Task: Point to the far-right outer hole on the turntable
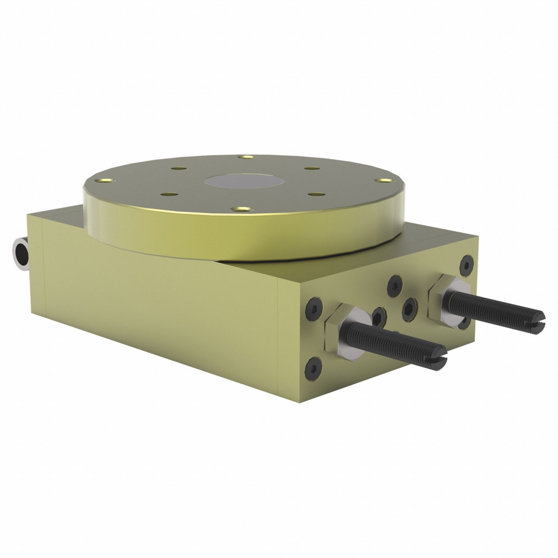coord(382,180)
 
